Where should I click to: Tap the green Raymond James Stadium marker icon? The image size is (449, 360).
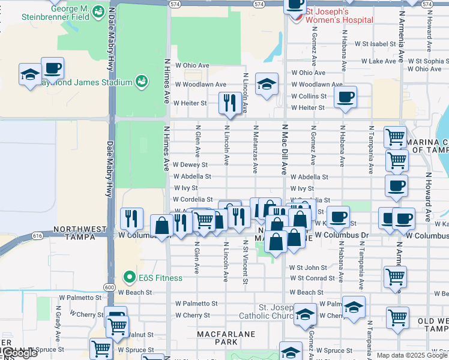[142, 81]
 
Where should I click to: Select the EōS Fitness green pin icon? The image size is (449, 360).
[128, 277]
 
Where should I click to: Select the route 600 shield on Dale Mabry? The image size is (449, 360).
[109, 288]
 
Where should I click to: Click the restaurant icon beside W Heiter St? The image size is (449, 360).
[229, 103]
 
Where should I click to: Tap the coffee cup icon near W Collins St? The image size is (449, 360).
[345, 97]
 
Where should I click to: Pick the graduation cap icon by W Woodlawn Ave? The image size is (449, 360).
[267, 84]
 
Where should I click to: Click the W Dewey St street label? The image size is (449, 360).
[190, 164]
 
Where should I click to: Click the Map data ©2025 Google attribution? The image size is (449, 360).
[411, 355]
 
